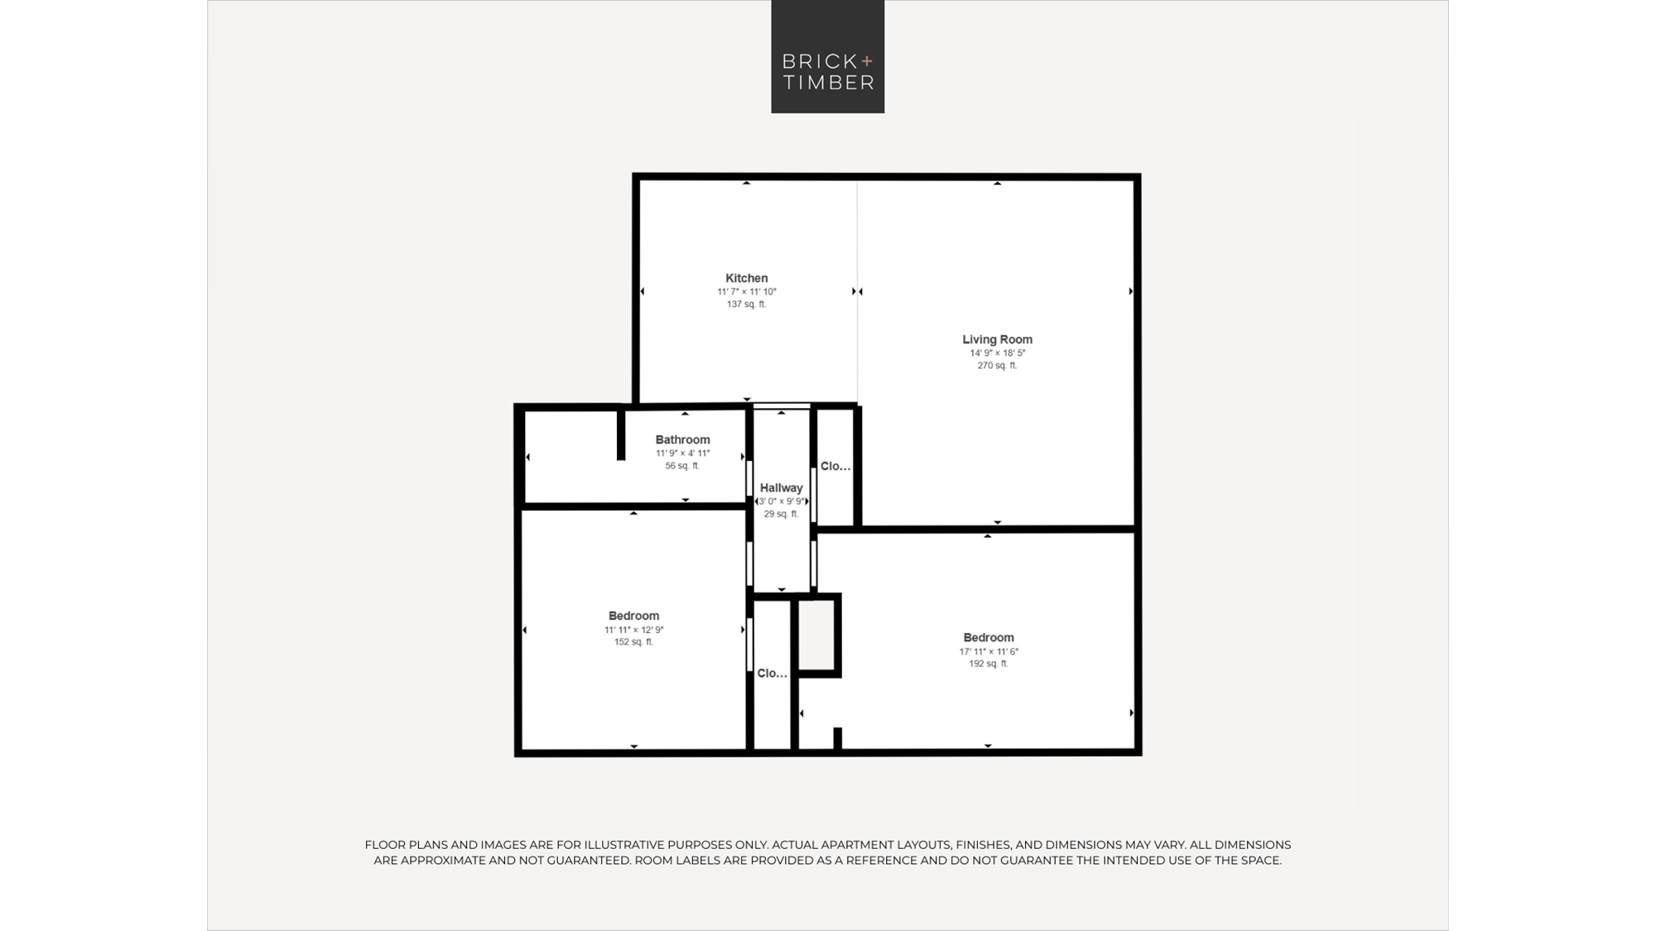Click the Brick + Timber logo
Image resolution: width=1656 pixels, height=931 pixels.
(828, 56)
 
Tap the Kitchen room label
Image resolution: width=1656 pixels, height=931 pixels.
(747, 278)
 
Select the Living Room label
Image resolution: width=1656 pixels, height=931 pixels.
(997, 339)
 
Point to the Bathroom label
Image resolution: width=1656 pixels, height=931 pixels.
(683, 439)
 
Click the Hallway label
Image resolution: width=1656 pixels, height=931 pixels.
(782, 488)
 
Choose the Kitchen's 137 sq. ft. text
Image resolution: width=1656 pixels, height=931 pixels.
(747, 305)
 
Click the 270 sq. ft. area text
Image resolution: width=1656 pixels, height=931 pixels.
(997, 366)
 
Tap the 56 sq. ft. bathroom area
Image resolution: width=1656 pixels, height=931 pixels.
(682, 466)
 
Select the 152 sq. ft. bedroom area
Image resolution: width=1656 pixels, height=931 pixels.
(633, 642)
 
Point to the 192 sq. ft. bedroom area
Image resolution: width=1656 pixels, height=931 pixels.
(989, 664)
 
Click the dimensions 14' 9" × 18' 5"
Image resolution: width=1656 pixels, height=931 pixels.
(998, 353)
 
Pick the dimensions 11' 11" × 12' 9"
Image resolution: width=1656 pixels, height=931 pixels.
(634, 630)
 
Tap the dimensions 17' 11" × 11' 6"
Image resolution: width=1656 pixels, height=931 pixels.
(989, 651)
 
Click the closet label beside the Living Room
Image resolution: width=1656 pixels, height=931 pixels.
(835, 467)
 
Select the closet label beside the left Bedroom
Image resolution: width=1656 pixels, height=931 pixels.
(773, 674)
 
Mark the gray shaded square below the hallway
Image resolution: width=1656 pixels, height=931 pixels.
(816, 635)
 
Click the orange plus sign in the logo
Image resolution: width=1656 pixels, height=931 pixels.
(867, 60)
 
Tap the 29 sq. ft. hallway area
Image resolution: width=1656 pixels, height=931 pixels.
(782, 514)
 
